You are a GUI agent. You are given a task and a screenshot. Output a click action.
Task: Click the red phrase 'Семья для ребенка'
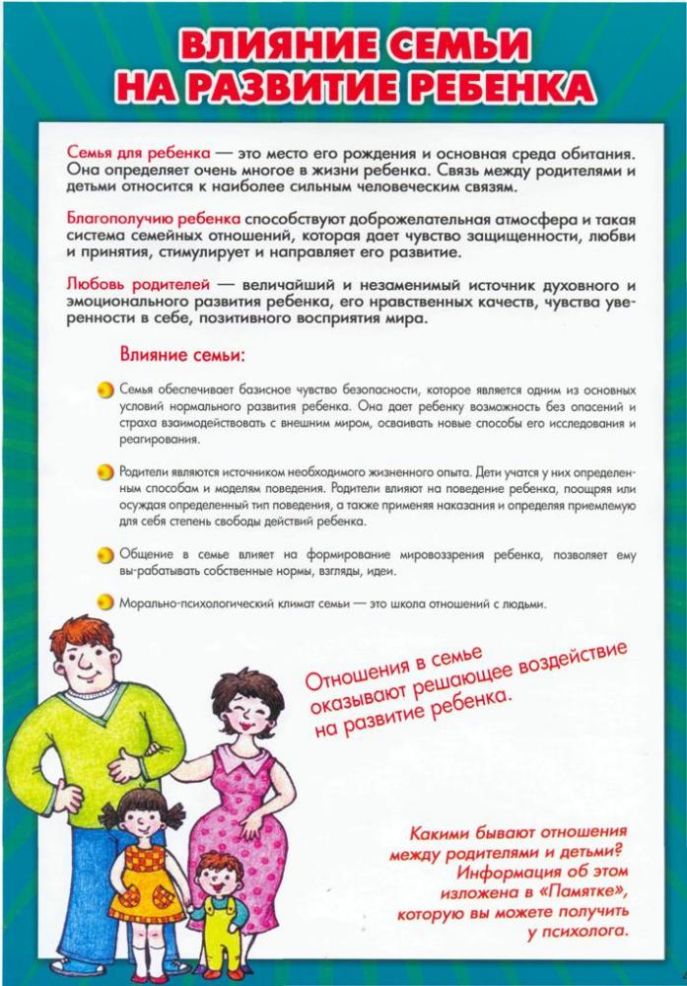click(x=138, y=155)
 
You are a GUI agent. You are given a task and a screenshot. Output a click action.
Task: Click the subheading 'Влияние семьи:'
click(x=182, y=353)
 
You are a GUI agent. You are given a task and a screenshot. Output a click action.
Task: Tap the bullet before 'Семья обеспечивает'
click(x=105, y=390)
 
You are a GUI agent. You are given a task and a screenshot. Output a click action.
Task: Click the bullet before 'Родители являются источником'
click(x=105, y=473)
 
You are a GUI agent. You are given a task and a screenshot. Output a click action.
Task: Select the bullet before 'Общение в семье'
click(x=105, y=555)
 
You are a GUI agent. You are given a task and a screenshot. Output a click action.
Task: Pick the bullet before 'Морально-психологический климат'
click(x=105, y=602)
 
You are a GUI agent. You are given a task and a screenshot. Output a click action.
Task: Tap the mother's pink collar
click(x=240, y=757)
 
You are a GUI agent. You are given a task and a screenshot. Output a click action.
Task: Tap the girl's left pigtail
click(x=105, y=817)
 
